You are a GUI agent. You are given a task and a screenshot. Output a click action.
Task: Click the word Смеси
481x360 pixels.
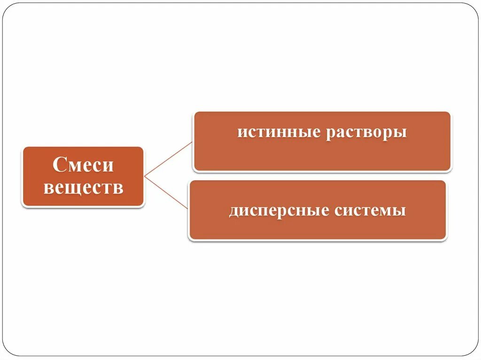point(83,166)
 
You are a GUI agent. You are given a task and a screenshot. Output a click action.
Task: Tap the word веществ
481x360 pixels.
point(83,188)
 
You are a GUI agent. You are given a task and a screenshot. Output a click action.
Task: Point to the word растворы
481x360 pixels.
point(366,132)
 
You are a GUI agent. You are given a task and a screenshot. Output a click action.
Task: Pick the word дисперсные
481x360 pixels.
point(279,210)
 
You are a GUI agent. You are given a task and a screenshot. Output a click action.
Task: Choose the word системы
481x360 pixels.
point(370,210)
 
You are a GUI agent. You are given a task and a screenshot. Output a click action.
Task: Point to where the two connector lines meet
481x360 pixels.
point(145,176)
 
